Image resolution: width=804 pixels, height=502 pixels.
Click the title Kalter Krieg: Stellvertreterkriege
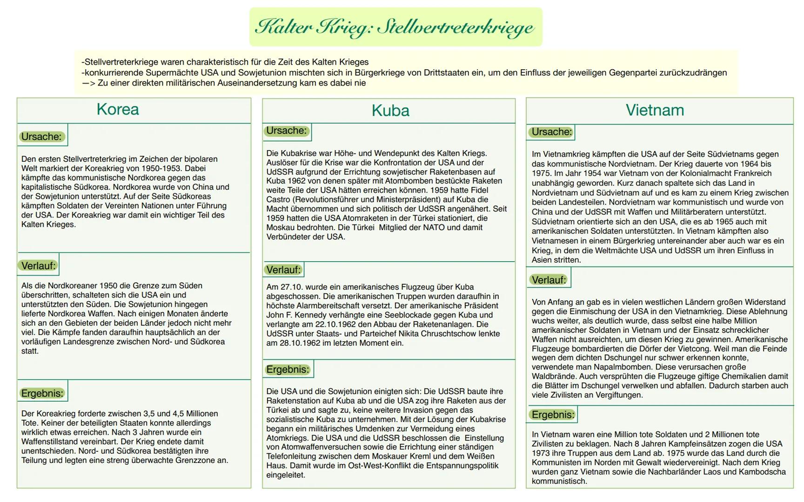point(395,27)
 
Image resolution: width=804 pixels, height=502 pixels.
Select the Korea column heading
point(118,109)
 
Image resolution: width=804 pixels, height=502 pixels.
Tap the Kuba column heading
point(390,111)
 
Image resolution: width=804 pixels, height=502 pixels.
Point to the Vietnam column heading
point(655,110)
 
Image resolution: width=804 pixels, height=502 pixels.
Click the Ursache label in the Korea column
point(41,137)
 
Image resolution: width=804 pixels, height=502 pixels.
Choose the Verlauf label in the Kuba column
point(283,270)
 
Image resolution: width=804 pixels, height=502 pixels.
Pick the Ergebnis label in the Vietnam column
point(553,415)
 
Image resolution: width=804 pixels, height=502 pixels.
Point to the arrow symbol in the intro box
point(88,83)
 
